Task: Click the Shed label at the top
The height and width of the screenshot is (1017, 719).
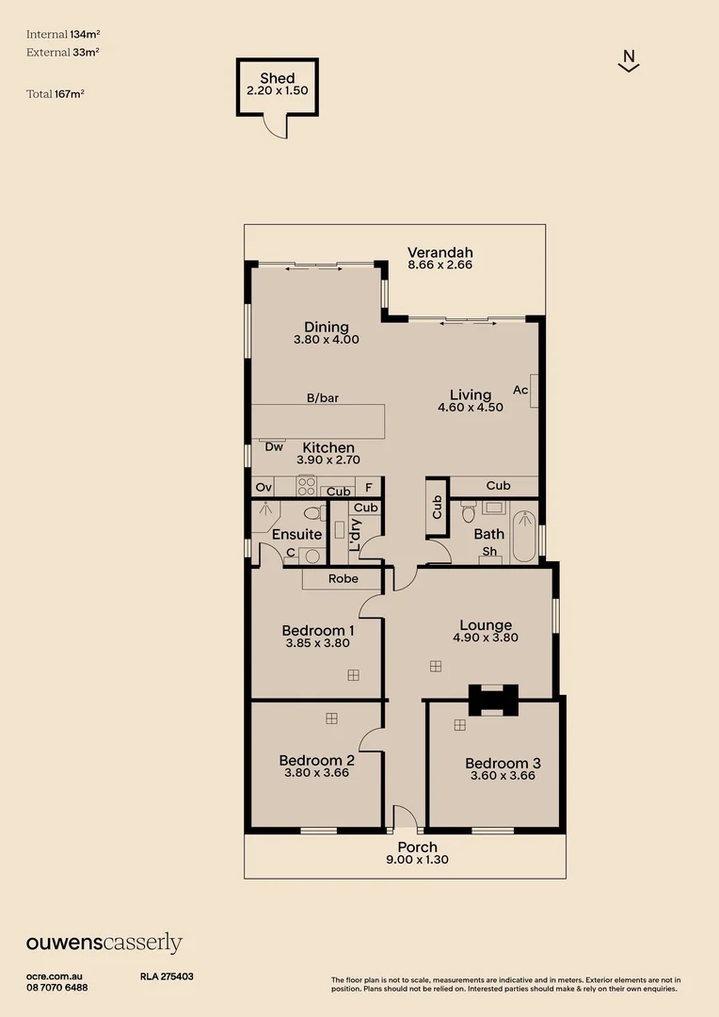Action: [277, 78]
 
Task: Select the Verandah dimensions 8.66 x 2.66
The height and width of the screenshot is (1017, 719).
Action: [439, 266]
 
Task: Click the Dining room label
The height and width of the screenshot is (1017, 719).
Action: [326, 327]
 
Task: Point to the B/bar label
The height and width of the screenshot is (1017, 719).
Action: [322, 398]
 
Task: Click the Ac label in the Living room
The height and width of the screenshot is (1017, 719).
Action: [520, 390]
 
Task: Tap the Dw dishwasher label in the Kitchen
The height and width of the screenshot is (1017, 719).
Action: [274, 447]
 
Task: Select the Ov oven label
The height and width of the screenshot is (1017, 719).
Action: [264, 488]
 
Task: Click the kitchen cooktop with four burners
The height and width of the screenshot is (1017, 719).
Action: [307, 486]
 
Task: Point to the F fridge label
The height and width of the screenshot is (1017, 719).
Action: [369, 488]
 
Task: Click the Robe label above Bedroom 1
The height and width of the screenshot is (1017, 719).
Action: [343, 578]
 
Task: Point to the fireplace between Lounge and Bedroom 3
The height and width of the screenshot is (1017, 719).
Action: [493, 701]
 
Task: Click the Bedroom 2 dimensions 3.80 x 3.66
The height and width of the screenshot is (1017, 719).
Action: [316, 773]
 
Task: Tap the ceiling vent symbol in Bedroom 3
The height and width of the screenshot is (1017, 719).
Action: [459, 724]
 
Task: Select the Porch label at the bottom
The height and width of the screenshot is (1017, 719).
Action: [417, 847]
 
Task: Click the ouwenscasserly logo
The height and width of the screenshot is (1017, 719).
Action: [104, 944]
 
